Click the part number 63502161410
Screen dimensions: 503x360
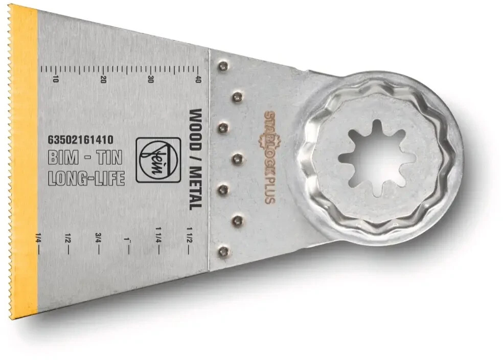(x=80, y=140)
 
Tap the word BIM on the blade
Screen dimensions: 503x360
(x=63, y=157)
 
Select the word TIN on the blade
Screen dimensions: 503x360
(x=110, y=157)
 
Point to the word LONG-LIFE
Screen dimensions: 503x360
(x=86, y=178)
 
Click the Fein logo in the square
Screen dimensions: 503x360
(x=158, y=160)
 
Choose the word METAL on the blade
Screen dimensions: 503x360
(x=195, y=189)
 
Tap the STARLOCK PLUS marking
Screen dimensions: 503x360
(x=270, y=157)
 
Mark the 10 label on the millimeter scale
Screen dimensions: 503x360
(x=56, y=79)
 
